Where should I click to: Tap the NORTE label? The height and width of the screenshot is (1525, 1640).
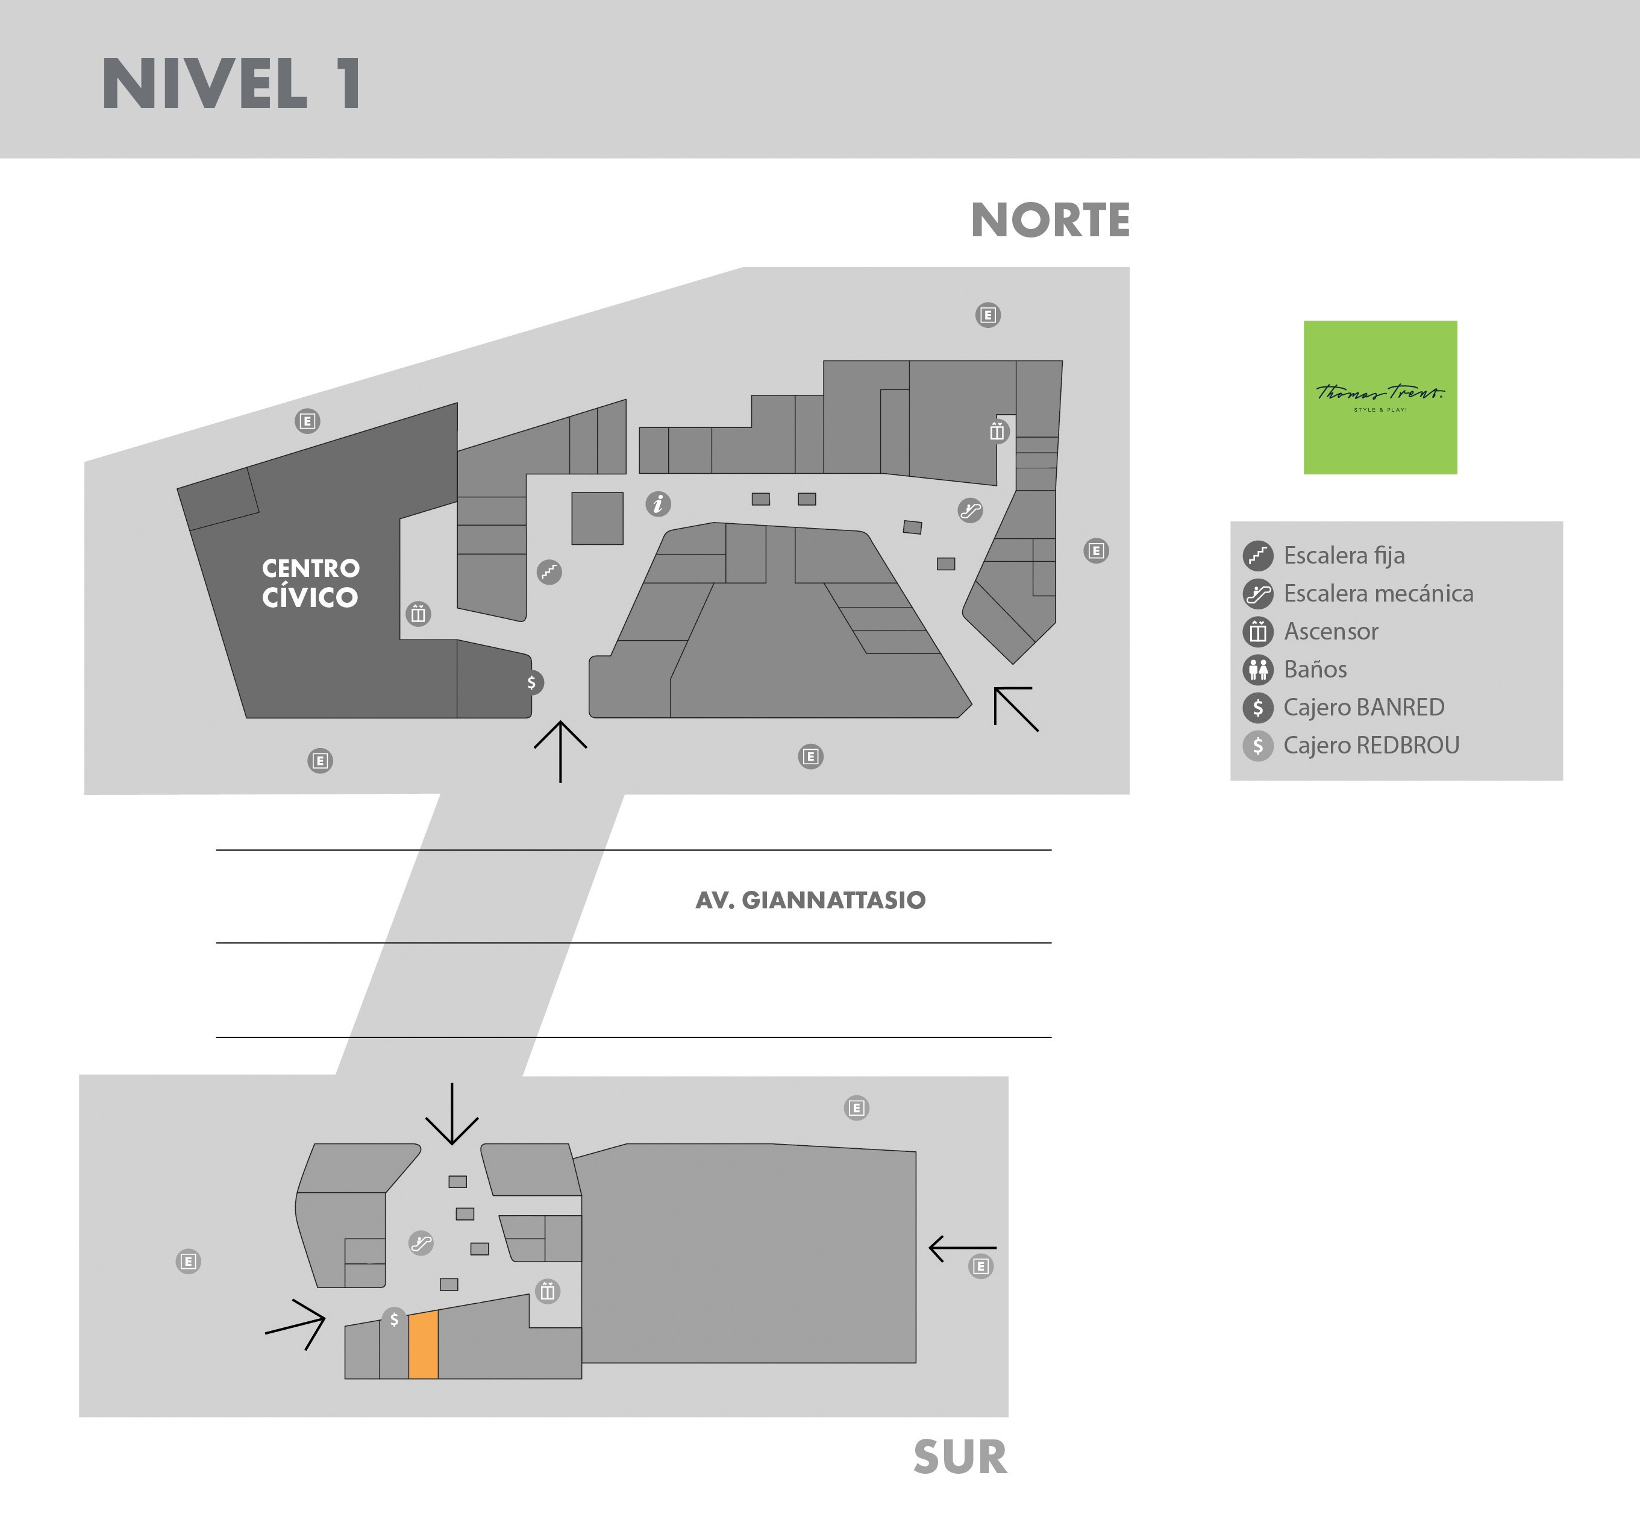pyautogui.click(x=1050, y=221)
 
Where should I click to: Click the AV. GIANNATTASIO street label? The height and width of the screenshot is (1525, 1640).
pyautogui.click(x=810, y=901)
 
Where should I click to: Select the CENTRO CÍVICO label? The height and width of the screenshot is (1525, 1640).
pyautogui.click(x=310, y=583)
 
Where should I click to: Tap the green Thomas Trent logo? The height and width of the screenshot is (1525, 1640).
pyautogui.click(x=1380, y=397)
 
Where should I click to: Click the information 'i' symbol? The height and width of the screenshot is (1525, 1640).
pyautogui.click(x=657, y=503)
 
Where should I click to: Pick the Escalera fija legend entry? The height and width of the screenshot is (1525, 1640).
pyautogui.click(x=1323, y=555)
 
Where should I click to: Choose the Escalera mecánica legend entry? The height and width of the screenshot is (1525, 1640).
pyautogui.click(x=1358, y=593)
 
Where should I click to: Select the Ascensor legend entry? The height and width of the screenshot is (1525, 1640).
pyautogui.click(x=1310, y=631)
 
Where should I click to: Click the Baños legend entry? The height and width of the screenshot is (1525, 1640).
pyautogui.click(x=1294, y=669)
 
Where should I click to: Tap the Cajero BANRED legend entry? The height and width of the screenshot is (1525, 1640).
pyautogui.click(x=1344, y=707)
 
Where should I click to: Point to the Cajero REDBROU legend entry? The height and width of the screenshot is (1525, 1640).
pyautogui.click(x=1350, y=745)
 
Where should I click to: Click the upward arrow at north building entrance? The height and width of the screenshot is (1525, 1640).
pyautogui.click(x=560, y=752)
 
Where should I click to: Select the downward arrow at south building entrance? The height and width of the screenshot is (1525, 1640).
pyautogui.click(x=452, y=1114)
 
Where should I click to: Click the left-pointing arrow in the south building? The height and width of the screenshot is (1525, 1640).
pyautogui.click(x=963, y=1248)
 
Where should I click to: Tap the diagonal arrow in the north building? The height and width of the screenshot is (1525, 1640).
pyautogui.click(x=1016, y=709)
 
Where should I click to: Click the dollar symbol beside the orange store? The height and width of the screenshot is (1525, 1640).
pyautogui.click(x=394, y=1319)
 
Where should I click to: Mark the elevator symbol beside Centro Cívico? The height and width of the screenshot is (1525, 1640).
pyautogui.click(x=418, y=614)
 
